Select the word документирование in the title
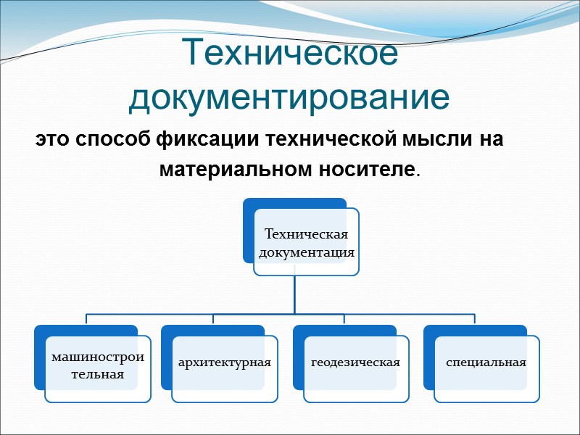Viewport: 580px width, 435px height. point(289,98)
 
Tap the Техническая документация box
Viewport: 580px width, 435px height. point(307,243)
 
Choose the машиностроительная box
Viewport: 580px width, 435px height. point(98,368)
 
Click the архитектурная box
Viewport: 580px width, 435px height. point(225,362)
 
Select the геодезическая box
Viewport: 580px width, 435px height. point(355,362)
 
